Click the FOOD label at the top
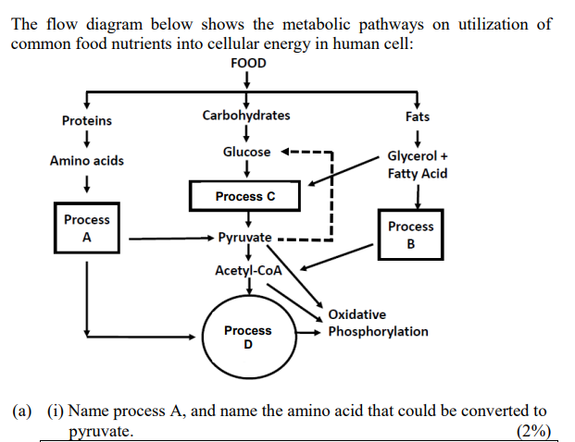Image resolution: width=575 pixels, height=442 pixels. pos(246,63)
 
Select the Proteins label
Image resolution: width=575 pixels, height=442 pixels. pos(86,120)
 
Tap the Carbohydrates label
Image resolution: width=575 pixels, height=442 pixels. pos(245,116)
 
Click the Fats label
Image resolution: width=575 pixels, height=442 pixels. pos(417,117)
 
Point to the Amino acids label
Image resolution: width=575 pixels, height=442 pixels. pos(86,161)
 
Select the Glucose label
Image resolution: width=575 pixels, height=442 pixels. pos(246,152)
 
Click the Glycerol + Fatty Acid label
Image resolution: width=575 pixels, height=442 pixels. pos(418,166)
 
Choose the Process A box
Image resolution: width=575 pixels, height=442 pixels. pos(86,228)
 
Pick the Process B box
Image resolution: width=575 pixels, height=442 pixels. pos(410,235)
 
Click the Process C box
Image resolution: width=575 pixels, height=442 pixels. pos(244,196)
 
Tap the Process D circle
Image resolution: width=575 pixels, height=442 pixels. pos(247,338)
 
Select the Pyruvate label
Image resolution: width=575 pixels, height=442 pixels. pos(244,238)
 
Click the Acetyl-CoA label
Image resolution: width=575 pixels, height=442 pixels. pos(247,270)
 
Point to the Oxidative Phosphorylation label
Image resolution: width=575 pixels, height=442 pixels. pos(378,323)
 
